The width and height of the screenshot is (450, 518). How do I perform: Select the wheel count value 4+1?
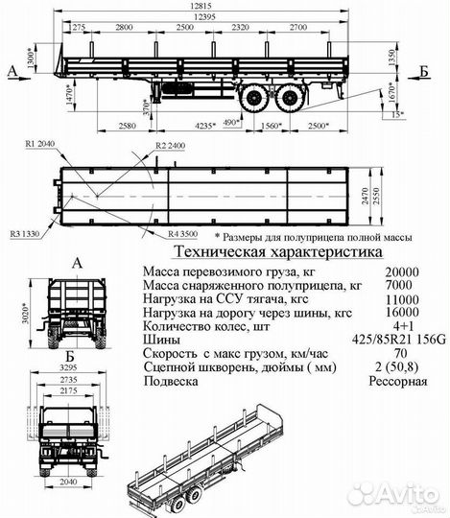[x=394, y=324]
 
